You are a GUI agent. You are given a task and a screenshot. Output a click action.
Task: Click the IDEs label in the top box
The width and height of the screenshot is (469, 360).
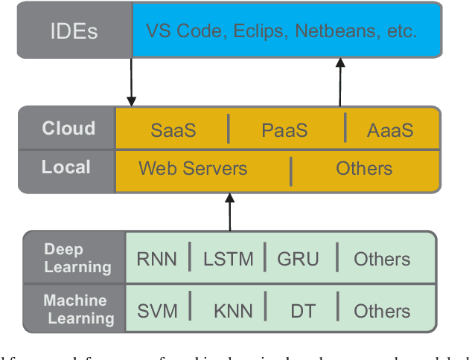(75, 30)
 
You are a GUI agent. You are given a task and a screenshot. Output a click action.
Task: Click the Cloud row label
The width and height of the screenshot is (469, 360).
(68, 128)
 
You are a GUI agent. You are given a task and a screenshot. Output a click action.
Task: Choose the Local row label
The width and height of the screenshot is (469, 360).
(66, 167)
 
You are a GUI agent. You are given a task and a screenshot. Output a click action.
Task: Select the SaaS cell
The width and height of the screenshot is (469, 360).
(173, 130)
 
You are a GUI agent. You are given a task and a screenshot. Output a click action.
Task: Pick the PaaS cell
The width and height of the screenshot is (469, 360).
(284, 130)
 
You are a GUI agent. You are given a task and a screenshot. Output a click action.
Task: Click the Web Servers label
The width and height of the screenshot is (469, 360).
(193, 168)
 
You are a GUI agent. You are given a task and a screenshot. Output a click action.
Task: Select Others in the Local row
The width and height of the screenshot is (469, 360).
(364, 168)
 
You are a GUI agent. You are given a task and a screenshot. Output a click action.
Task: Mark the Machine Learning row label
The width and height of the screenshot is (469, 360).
(78, 309)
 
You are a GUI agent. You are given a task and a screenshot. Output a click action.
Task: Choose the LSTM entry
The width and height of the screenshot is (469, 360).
(228, 259)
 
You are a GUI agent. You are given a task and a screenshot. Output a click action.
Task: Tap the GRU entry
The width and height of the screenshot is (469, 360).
(298, 259)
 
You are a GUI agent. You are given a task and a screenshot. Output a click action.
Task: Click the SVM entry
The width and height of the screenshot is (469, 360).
(158, 311)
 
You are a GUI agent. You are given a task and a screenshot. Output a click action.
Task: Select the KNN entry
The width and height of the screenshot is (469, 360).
(232, 311)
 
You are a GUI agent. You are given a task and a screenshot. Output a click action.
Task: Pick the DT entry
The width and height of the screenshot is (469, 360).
(302, 311)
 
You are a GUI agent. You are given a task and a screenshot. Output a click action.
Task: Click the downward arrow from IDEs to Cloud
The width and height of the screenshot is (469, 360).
(132, 82)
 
